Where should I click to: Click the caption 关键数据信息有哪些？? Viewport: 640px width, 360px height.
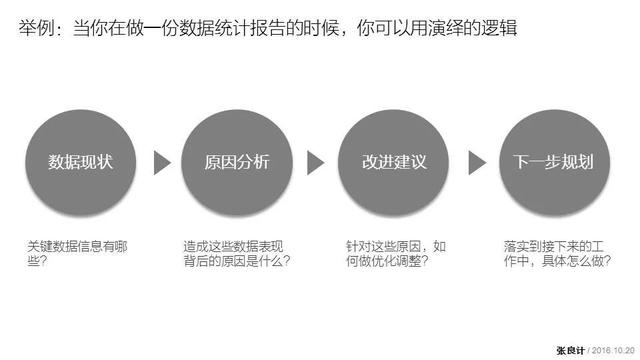point(76,253)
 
